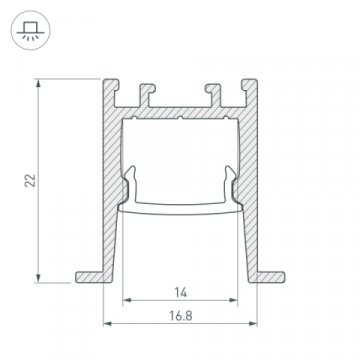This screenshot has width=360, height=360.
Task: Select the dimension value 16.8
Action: point(181,312)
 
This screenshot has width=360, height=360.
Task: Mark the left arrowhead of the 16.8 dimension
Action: point(107,322)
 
